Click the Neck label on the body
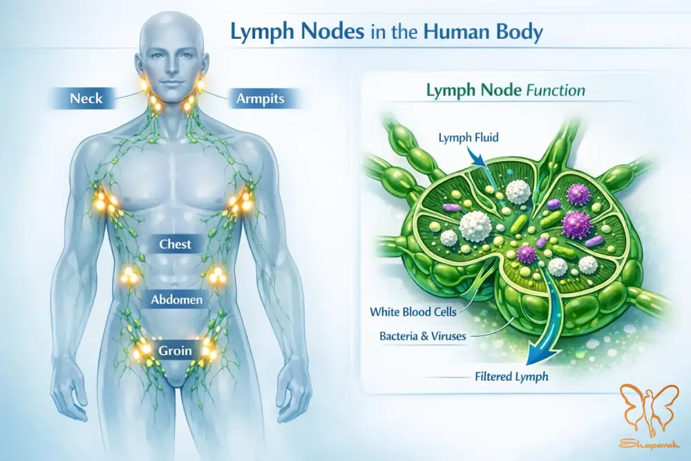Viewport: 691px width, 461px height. tap(86, 98)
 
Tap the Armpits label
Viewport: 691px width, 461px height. tap(261, 98)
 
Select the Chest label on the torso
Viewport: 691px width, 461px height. tap(175, 244)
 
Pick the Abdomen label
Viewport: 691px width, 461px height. tap(177, 300)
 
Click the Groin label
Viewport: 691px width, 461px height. tap(176, 350)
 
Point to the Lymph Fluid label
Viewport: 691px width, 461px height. tap(468, 138)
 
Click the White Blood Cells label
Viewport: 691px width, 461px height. tap(413, 312)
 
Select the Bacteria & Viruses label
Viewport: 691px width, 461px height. tap(423, 337)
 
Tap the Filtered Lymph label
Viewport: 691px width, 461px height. tap(511, 377)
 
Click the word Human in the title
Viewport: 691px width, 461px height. tap(462, 32)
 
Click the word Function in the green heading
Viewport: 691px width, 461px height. tap(556, 91)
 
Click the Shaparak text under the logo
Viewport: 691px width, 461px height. tap(650, 444)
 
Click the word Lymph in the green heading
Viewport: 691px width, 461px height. tap(452, 91)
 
